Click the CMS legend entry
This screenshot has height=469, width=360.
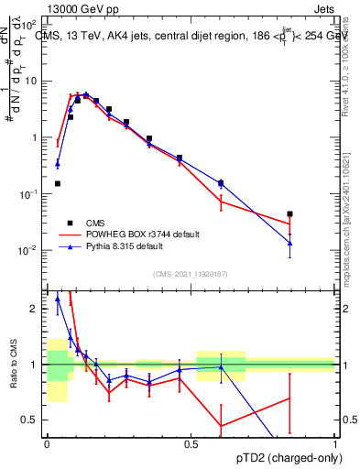pos(94,223)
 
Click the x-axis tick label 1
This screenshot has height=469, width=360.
pos(336,443)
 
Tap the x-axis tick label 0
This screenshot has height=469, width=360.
pos(47,443)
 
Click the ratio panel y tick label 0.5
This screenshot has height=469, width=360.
pos(33,420)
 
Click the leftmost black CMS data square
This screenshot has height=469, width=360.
pos(58,183)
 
